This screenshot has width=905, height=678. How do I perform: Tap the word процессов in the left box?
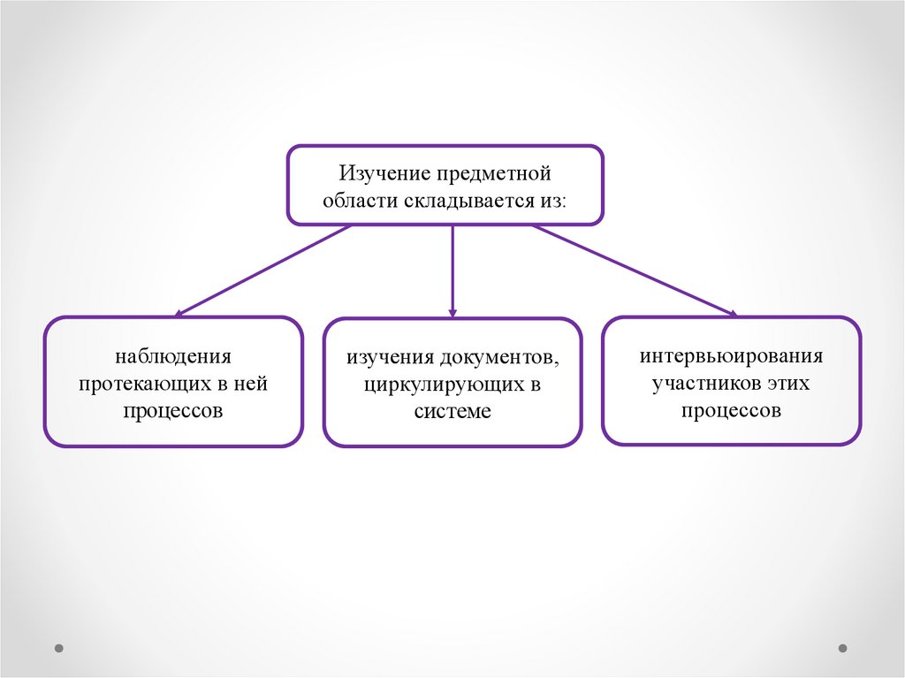click(x=173, y=412)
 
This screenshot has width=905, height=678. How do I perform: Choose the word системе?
click(x=452, y=413)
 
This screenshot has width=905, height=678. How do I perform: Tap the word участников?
click(x=704, y=384)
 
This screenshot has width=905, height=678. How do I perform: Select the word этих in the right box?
click(x=788, y=384)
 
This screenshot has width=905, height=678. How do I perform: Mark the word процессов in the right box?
click(x=731, y=411)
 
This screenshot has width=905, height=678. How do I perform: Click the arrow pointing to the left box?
click(x=265, y=269)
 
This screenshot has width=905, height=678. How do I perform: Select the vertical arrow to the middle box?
click(x=452, y=270)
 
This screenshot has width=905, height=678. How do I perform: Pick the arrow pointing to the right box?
click(x=633, y=269)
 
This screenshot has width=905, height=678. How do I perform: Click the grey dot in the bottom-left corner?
click(x=59, y=648)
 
